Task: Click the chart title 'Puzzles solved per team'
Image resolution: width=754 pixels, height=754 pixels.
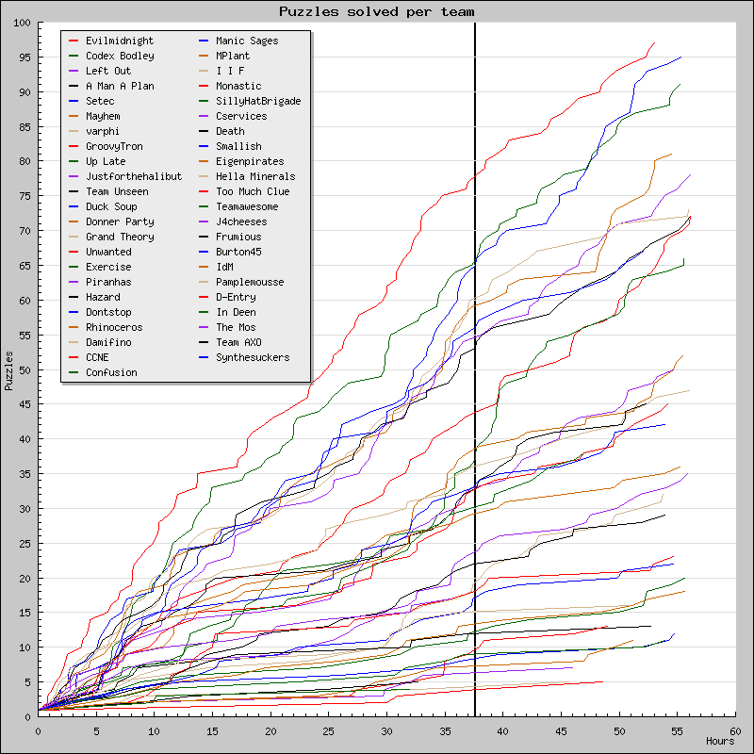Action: click(376, 11)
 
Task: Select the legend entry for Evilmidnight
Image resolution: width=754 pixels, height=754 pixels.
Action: click(119, 41)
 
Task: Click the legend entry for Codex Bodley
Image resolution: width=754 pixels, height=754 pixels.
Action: click(119, 56)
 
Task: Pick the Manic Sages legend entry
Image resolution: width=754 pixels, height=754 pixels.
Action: click(246, 41)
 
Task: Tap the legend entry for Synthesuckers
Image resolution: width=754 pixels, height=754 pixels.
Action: click(252, 357)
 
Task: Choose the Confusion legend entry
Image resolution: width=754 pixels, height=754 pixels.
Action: click(110, 372)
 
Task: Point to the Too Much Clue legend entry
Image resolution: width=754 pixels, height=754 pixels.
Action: click(252, 191)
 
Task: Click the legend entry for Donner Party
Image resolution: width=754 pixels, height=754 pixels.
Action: click(119, 221)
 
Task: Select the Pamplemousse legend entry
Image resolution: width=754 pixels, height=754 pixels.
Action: click(249, 282)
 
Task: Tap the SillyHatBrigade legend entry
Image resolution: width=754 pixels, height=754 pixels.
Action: click(257, 101)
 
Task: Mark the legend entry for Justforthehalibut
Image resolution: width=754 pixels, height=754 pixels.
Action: click(133, 176)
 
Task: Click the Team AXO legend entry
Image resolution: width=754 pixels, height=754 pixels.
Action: click(238, 342)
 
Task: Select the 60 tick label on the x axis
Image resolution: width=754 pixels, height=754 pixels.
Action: click(734, 729)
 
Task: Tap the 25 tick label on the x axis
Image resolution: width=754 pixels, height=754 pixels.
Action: click(328, 729)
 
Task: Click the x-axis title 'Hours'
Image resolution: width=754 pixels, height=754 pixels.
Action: click(720, 742)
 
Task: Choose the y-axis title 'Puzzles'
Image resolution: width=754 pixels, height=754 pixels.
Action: click(9, 370)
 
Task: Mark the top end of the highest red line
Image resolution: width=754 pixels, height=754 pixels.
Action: click(654, 42)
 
